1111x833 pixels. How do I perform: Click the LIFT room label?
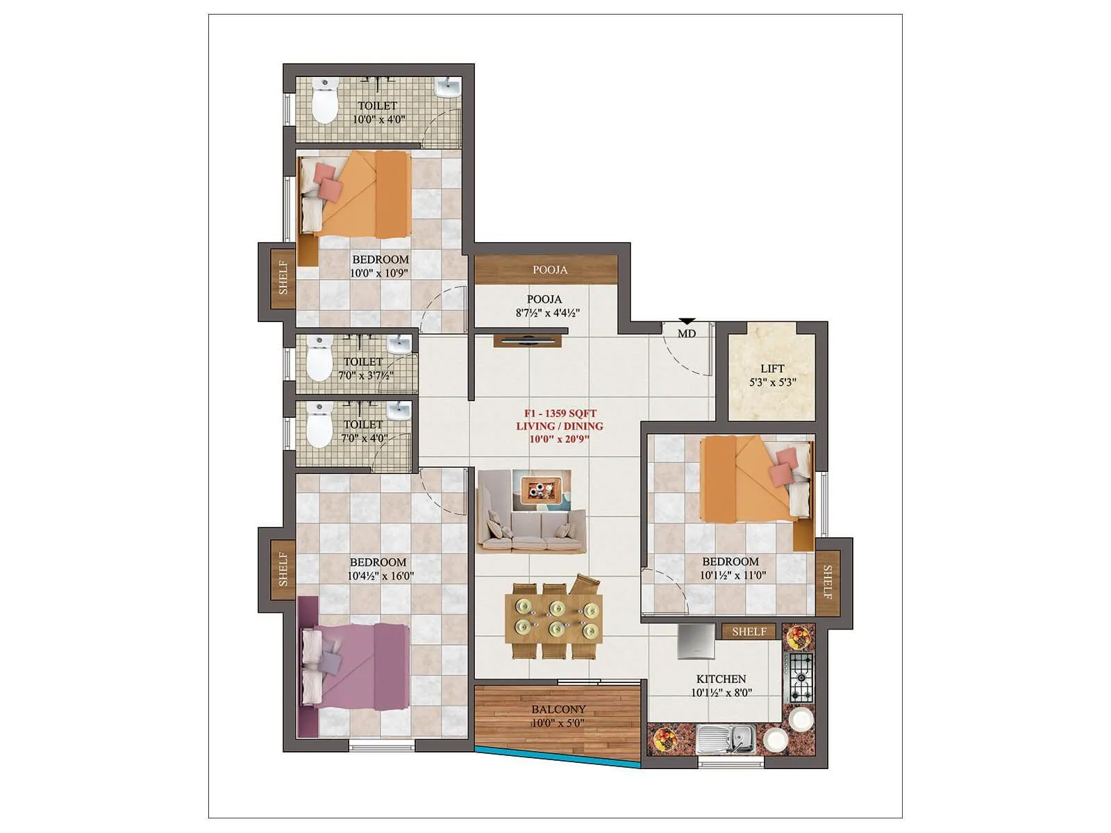coord(772,369)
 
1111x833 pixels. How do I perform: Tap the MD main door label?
coord(687,334)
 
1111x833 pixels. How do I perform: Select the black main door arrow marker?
coord(687,321)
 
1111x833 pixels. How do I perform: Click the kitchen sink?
coord(726,738)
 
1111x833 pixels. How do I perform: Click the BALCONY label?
coord(558,709)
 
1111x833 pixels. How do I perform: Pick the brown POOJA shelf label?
coord(550,270)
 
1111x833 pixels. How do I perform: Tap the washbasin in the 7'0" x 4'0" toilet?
coord(399,412)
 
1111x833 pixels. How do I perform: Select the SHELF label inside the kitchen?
coord(749,632)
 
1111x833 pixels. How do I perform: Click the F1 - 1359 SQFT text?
coord(560,414)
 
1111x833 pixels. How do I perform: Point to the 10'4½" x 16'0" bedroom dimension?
coord(380,575)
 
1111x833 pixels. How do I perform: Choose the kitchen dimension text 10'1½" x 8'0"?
coord(721,692)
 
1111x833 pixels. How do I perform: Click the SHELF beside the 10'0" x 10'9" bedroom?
coord(283,277)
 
